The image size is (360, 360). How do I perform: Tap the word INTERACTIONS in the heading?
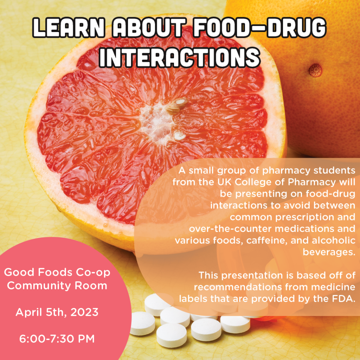[180, 57]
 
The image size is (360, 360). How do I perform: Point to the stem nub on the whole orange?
[315, 70]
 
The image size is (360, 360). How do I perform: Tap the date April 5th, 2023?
[57, 313]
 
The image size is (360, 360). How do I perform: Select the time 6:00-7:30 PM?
[57, 339]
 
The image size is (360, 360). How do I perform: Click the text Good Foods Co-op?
[57, 272]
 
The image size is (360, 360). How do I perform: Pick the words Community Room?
[57, 286]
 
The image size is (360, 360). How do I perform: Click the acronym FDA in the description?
[343, 299]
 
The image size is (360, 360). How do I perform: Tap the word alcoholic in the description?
[334, 240]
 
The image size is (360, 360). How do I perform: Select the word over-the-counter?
[230, 229]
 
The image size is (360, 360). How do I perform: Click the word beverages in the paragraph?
[329, 252]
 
